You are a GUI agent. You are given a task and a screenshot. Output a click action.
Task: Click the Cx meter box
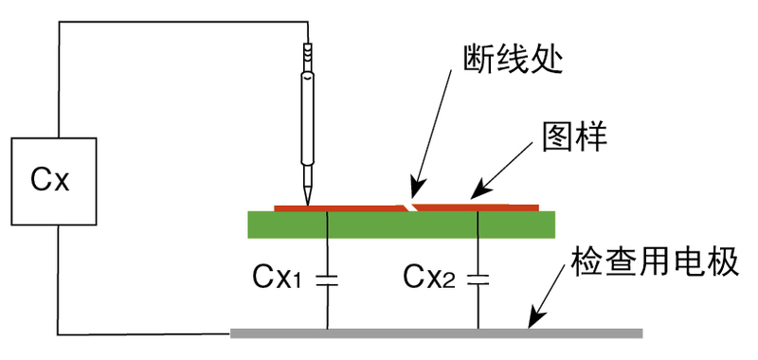pyautogui.click(x=54, y=181)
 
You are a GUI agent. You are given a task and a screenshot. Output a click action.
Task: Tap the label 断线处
pyautogui.click(x=513, y=60)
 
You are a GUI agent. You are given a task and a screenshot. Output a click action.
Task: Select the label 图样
pyautogui.click(x=574, y=137)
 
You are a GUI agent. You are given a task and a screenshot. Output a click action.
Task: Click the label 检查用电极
pyautogui.click(x=655, y=262)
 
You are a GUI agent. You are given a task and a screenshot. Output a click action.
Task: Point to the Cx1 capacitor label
pyautogui.click(x=277, y=278)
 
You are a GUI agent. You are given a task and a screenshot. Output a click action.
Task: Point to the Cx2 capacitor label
pyautogui.click(x=429, y=278)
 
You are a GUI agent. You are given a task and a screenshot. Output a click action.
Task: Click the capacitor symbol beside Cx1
pyautogui.click(x=327, y=279)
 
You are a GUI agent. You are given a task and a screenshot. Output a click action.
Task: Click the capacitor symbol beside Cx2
pyautogui.click(x=478, y=279)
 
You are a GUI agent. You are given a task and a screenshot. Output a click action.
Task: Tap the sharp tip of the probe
pyautogui.click(x=307, y=203)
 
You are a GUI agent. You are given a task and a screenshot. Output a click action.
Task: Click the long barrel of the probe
pyautogui.click(x=307, y=118)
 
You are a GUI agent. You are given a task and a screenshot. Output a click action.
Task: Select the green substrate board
pyautogui.click(x=401, y=225)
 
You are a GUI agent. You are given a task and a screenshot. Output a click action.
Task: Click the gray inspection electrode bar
pyautogui.click(x=436, y=333)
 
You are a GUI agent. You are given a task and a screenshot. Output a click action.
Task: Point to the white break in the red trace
pyautogui.click(x=410, y=207)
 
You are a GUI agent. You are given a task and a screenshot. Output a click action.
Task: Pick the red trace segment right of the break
pyautogui.click(x=477, y=207)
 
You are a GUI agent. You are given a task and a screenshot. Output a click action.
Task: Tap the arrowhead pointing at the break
pyautogui.click(x=417, y=189)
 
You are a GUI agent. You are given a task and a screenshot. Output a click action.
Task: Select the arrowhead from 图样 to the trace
pyautogui.click(x=479, y=190)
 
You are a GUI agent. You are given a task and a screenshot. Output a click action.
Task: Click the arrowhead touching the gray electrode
pyautogui.click(x=536, y=319)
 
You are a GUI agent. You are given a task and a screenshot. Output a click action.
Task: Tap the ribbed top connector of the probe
pyautogui.click(x=307, y=57)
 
